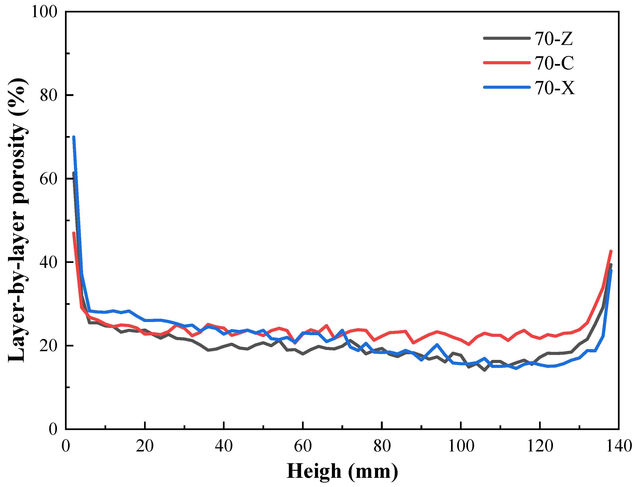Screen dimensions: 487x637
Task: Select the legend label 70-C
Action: [x=554, y=63]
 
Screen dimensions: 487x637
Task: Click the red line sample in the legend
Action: [x=507, y=63]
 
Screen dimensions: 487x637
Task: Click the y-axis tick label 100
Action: [x=44, y=12]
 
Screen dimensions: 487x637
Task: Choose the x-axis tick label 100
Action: [x=461, y=446]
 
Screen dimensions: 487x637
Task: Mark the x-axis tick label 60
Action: [x=303, y=446]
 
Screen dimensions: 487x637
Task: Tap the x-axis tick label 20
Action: [x=145, y=446]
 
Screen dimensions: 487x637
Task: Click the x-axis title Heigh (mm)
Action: [x=342, y=471]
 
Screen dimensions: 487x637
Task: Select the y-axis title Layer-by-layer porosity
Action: [x=18, y=220]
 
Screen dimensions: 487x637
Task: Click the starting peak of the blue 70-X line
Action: [x=74, y=137]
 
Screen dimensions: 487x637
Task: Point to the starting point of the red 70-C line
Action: [x=74, y=233]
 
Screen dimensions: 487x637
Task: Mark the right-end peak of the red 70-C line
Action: [x=611, y=251]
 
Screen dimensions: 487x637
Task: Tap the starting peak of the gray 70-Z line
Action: [x=73, y=173]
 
